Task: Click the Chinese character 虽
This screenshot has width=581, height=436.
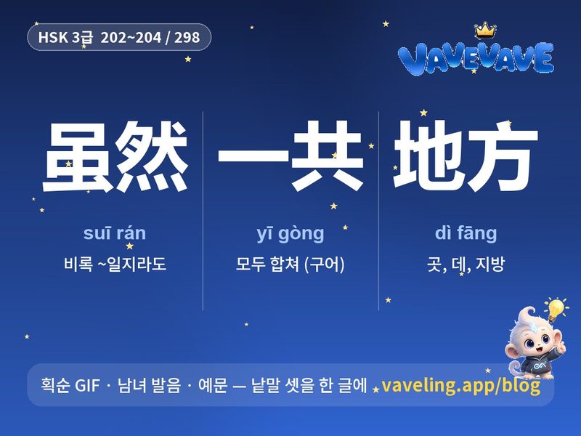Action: click(78, 157)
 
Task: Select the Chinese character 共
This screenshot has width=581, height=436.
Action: click(326, 156)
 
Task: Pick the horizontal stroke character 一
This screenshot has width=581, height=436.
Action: click(253, 156)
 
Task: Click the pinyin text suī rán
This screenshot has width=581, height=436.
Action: click(115, 233)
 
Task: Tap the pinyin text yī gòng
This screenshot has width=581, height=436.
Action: click(290, 234)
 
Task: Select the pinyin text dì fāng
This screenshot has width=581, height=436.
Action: click(466, 233)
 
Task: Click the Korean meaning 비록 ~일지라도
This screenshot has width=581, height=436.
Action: click(115, 265)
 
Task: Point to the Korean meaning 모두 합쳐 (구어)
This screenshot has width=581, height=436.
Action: click(290, 265)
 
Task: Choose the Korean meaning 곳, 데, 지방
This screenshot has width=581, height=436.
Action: click(466, 265)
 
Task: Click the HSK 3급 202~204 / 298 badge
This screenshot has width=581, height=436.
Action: click(119, 37)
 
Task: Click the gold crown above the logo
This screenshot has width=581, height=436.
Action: click(485, 30)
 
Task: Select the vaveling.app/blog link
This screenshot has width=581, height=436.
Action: click(460, 386)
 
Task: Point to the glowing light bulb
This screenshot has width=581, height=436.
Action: click(556, 308)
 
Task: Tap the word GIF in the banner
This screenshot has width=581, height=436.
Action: click(87, 386)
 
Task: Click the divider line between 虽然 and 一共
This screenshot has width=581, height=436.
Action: click(203, 211)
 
